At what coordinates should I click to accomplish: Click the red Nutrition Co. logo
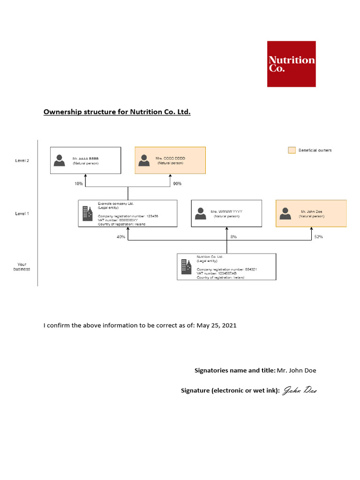[291, 64]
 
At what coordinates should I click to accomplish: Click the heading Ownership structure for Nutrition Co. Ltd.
[117, 112]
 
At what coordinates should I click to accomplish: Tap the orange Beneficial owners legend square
[292, 150]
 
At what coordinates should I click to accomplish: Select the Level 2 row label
[22, 160]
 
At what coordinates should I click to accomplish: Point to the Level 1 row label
[22, 214]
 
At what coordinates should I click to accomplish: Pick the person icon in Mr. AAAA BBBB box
[60, 160]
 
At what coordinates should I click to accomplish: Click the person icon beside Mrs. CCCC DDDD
[144, 160]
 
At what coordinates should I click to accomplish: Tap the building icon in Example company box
[87, 213]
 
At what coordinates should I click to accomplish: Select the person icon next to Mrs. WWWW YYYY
[200, 213]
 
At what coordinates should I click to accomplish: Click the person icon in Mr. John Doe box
[285, 213]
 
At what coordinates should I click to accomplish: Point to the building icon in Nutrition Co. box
[186, 267]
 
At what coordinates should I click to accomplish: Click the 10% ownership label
[79, 184]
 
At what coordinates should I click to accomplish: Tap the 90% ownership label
[177, 184]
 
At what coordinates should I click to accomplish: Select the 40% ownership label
[121, 237]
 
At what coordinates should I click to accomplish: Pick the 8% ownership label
[233, 237]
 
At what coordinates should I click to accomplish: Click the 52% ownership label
[319, 237]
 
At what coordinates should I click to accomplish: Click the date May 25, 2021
[217, 325]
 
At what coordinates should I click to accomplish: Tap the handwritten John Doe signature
[299, 390]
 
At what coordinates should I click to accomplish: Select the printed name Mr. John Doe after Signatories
[297, 370]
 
